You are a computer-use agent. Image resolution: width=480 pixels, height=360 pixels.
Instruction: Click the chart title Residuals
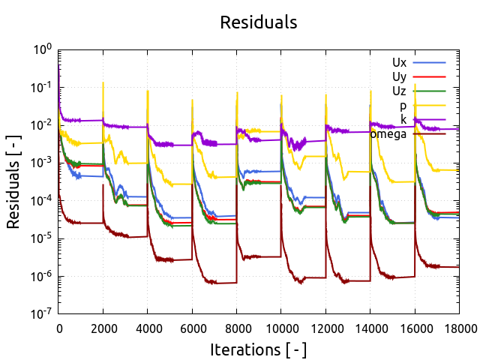click(259, 22)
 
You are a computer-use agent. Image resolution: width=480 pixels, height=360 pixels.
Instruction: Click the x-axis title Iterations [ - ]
click(259, 349)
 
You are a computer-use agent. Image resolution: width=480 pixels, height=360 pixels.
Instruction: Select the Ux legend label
click(399, 62)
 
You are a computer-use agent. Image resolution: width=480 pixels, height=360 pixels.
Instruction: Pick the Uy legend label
click(399, 76)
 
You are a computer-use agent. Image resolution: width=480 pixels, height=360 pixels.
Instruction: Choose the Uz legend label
click(399, 91)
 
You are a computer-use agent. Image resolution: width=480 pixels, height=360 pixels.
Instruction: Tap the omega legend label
click(388, 134)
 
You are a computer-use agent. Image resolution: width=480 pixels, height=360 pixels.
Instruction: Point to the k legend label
click(403, 120)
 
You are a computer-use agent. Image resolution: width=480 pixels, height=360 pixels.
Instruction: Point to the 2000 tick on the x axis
click(103, 327)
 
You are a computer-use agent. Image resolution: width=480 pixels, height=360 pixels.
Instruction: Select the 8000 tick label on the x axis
click(237, 327)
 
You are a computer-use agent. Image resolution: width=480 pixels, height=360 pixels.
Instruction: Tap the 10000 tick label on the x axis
click(281, 327)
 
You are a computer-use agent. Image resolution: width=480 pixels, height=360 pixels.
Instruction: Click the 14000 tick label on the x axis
click(370, 327)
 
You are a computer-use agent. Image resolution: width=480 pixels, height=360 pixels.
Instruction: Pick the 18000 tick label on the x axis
click(459, 327)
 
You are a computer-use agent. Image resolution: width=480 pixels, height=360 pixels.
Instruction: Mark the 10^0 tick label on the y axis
click(42, 49)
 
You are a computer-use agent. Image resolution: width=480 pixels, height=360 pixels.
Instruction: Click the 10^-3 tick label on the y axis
click(42, 163)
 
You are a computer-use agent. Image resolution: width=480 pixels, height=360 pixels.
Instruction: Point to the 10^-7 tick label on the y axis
click(42, 314)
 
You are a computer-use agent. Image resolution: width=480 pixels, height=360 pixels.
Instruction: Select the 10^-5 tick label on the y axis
click(42, 238)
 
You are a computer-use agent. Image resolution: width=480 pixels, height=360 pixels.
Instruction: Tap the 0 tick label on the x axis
click(59, 327)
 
